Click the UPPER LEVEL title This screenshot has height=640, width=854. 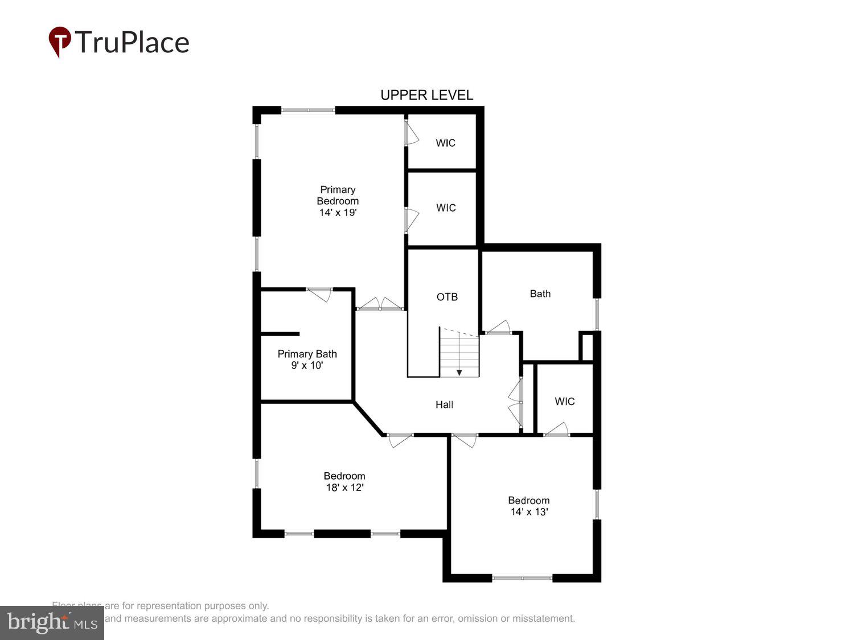pyautogui.click(x=426, y=95)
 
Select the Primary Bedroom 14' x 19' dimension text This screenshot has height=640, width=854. pyautogui.click(x=338, y=212)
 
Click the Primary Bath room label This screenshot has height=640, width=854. pyautogui.click(x=307, y=354)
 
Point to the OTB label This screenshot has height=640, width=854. pyautogui.click(x=447, y=297)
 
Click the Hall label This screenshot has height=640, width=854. pyautogui.click(x=444, y=404)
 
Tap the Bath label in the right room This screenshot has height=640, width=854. pyautogui.click(x=540, y=294)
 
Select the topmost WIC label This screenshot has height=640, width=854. pyautogui.click(x=445, y=143)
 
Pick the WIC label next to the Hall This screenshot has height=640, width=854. pyautogui.click(x=564, y=401)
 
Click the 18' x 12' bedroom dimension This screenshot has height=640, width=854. pyautogui.click(x=344, y=488)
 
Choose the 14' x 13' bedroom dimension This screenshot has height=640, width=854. pyautogui.click(x=529, y=511)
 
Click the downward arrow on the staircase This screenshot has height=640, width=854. pyautogui.click(x=459, y=372)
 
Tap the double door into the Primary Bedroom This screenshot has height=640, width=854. pyautogui.click(x=380, y=304)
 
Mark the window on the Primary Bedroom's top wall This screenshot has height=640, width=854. pyautogui.click(x=308, y=110)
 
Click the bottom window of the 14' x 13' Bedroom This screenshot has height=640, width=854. pyautogui.click(x=522, y=578)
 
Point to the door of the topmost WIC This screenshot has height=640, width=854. pyautogui.click(x=410, y=134)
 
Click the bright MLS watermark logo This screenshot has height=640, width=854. pyautogui.click(x=51, y=622)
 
